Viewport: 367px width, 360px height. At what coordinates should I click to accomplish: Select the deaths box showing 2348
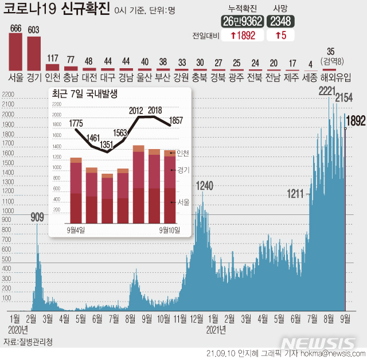click(x=283, y=21)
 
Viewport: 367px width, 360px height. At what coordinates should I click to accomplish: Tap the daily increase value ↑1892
click(x=242, y=35)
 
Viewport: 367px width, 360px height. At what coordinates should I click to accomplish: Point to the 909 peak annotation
click(x=37, y=217)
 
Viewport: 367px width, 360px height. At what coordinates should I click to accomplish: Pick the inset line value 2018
click(x=155, y=110)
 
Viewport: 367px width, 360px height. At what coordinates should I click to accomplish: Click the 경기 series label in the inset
click(x=183, y=170)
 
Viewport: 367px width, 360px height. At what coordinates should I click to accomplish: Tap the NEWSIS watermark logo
click(x=321, y=344)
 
